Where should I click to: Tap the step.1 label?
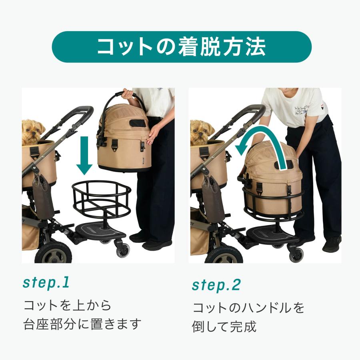(46, 282)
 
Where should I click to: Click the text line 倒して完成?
(224, 326)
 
